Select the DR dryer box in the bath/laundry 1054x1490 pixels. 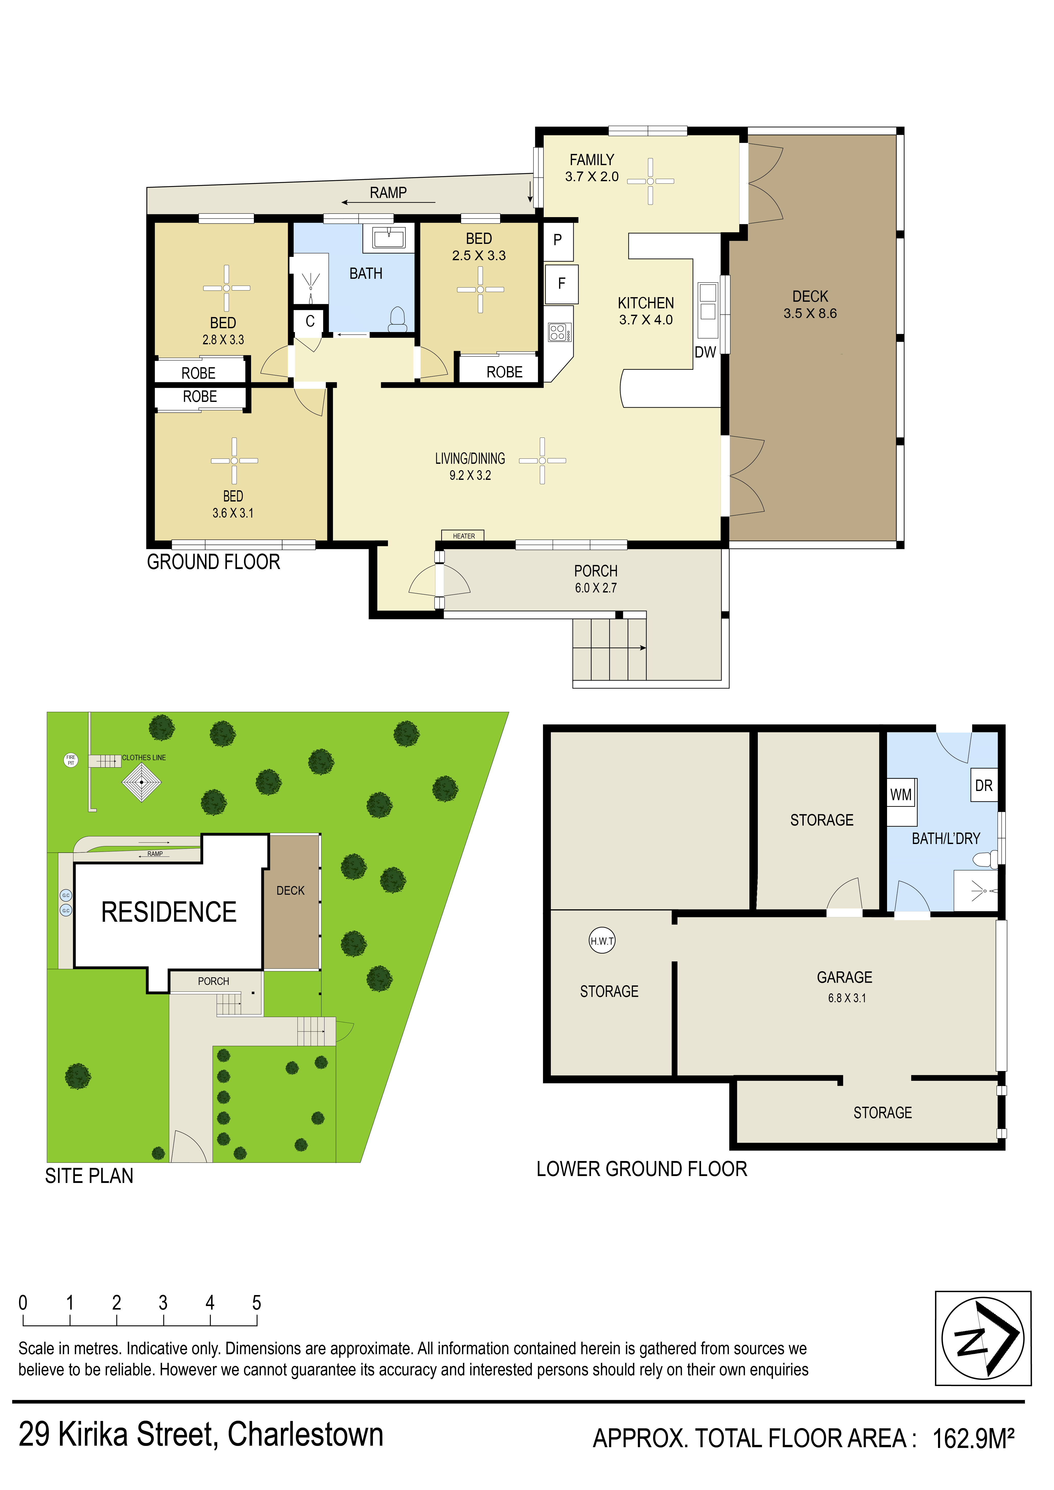click(x=983, y=785)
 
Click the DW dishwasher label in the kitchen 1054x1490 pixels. click(x=705, y=352)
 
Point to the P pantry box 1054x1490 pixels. click(x=557, y=240)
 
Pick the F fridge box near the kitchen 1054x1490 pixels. click(x=561, y=284)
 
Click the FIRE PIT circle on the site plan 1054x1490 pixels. click(x=71, y=759)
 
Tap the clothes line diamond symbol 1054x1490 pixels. click(x=141, y=782)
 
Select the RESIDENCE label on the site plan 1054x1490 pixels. click(x=169, y=912)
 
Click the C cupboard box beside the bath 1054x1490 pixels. click(x=310, y=321)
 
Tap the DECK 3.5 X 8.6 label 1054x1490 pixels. click(x=810, y=305)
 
